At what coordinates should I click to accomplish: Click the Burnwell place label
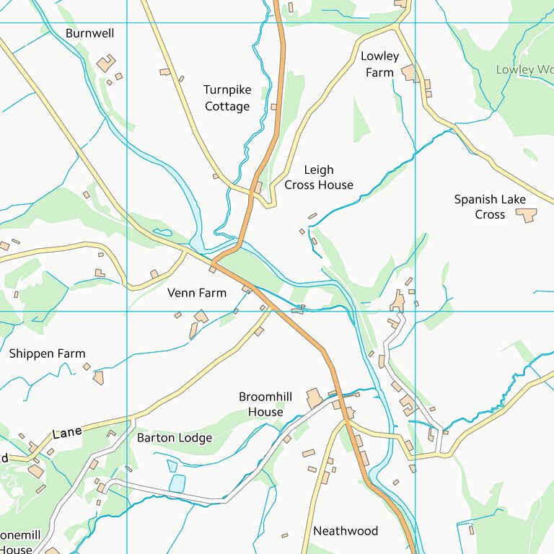pyautogui.click(x=89, y=33)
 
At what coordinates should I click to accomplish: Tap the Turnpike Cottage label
pyautogui.click(x=227, y=98)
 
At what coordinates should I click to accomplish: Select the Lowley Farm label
pyautogui.click(x=379, y=64)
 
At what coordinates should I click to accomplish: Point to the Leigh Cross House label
pyautogui.click(x=318, y=177)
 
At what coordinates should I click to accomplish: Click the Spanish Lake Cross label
pyautogui.click(x=490, y=206)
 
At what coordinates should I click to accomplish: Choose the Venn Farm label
pyautogui.click(x=196, y=293)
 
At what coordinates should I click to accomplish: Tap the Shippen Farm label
pyautogui.click(x=47, y=353)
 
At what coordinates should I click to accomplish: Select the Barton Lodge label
pyautogui.click(x=175, y=438)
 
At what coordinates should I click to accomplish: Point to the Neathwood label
pyautogui.click(x=345, y=531)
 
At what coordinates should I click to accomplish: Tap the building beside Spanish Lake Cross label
pyautogui.click(x=528, y=215)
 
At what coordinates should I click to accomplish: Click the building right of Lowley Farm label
pyautogui.click(x=410, y=73)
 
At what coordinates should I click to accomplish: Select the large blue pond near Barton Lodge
pyautogui.click(x=177, y=483)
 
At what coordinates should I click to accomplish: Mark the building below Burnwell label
pyautogui.click(x=106, y=63)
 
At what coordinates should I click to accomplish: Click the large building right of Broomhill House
pyautogui.click(x=314, y=399)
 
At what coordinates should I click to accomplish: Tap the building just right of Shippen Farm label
pyautogui.click(x=98, y=377)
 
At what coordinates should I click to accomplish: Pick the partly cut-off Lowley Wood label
pyautogui.click(x=524, y=70)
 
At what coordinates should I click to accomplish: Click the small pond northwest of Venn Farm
pyautogui.click(x=162, y=233)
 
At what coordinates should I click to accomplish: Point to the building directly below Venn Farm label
pyautogui.click(x=201, y=316)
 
